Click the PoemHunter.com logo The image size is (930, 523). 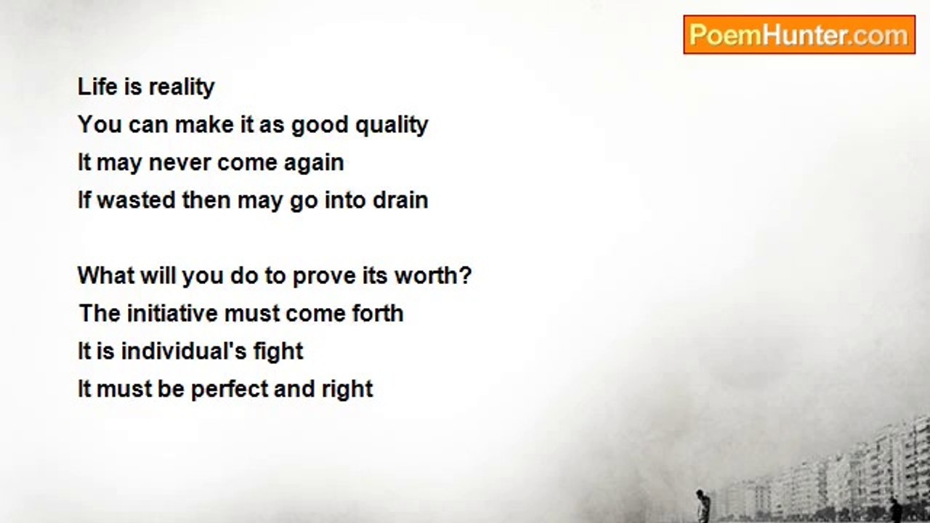tap(798, 34)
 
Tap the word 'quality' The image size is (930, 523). tap(392, 125)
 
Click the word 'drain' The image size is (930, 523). tap(400, 200)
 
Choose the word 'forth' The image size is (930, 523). tap(377, 314)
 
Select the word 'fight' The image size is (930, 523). tap(278, 352)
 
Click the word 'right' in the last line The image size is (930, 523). tap(347, 389)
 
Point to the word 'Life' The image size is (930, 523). tap(95, 87)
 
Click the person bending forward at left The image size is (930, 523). tap(703, 506)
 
